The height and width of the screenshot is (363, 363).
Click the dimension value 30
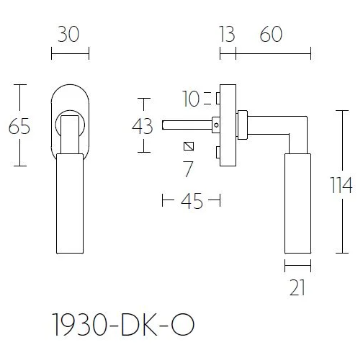coord(70,35)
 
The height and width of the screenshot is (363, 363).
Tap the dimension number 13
coord(227,35)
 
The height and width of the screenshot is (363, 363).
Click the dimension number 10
coord(193,97)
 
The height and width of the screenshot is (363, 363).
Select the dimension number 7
coord(189,170)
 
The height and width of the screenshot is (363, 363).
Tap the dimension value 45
coord(191,201)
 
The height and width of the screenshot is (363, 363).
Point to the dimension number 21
coord(297,287)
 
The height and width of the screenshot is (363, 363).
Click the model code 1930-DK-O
coord(122,323)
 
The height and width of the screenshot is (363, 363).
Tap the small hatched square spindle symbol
coord(189,147)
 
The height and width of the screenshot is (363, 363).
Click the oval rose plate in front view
coord(70,119)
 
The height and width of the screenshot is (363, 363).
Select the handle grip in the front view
coord(70,202)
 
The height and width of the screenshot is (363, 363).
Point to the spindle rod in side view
coord(187,125)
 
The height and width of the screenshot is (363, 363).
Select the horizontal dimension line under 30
coord(70,53)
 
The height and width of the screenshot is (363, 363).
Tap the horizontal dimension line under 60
coord(274,53)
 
